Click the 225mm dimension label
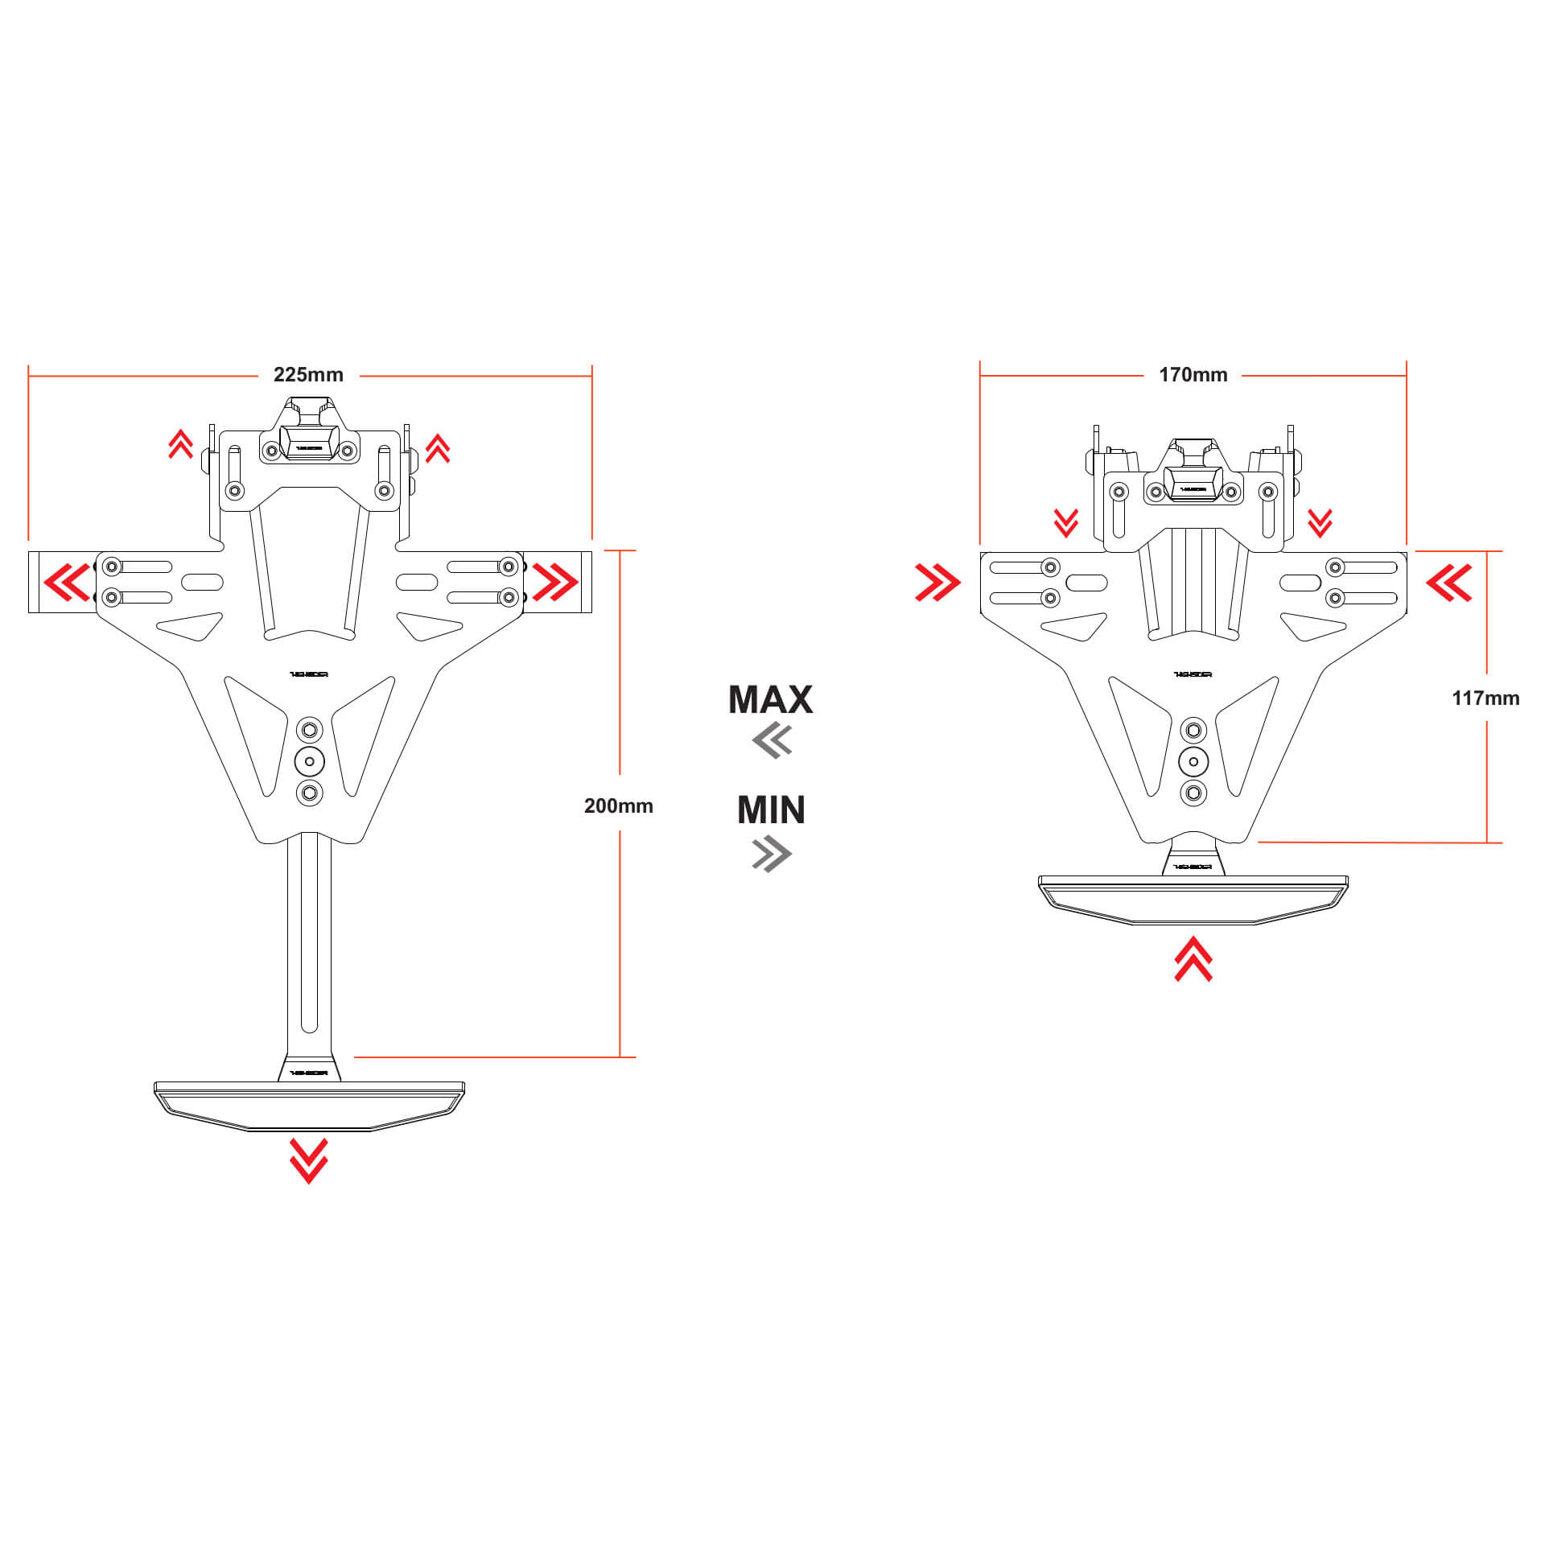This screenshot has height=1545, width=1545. point(308,375)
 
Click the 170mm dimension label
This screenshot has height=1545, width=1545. point(1193,375)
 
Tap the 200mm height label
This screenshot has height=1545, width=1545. point(618,805)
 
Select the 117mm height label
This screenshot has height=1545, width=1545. point(1485,698)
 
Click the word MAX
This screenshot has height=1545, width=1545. point(770,699)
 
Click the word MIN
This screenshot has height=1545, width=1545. point(771,810)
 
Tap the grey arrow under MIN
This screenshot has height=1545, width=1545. point(772,854)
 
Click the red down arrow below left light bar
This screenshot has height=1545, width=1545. point(308,1160)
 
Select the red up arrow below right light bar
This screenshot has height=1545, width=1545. point(1193,958)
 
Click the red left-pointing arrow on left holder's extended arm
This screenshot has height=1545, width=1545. point(67,582)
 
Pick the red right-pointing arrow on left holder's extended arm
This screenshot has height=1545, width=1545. point(554,582)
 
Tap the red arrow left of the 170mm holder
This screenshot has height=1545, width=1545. point(937,582)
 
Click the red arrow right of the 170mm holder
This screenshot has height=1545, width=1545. point(1449,582)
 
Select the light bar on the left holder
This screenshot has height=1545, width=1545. point(309,1104)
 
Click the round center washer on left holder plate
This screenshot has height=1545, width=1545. point(309,761)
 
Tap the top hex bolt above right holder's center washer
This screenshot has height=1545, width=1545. point(1193,731)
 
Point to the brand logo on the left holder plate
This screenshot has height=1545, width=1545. point(309,674)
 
